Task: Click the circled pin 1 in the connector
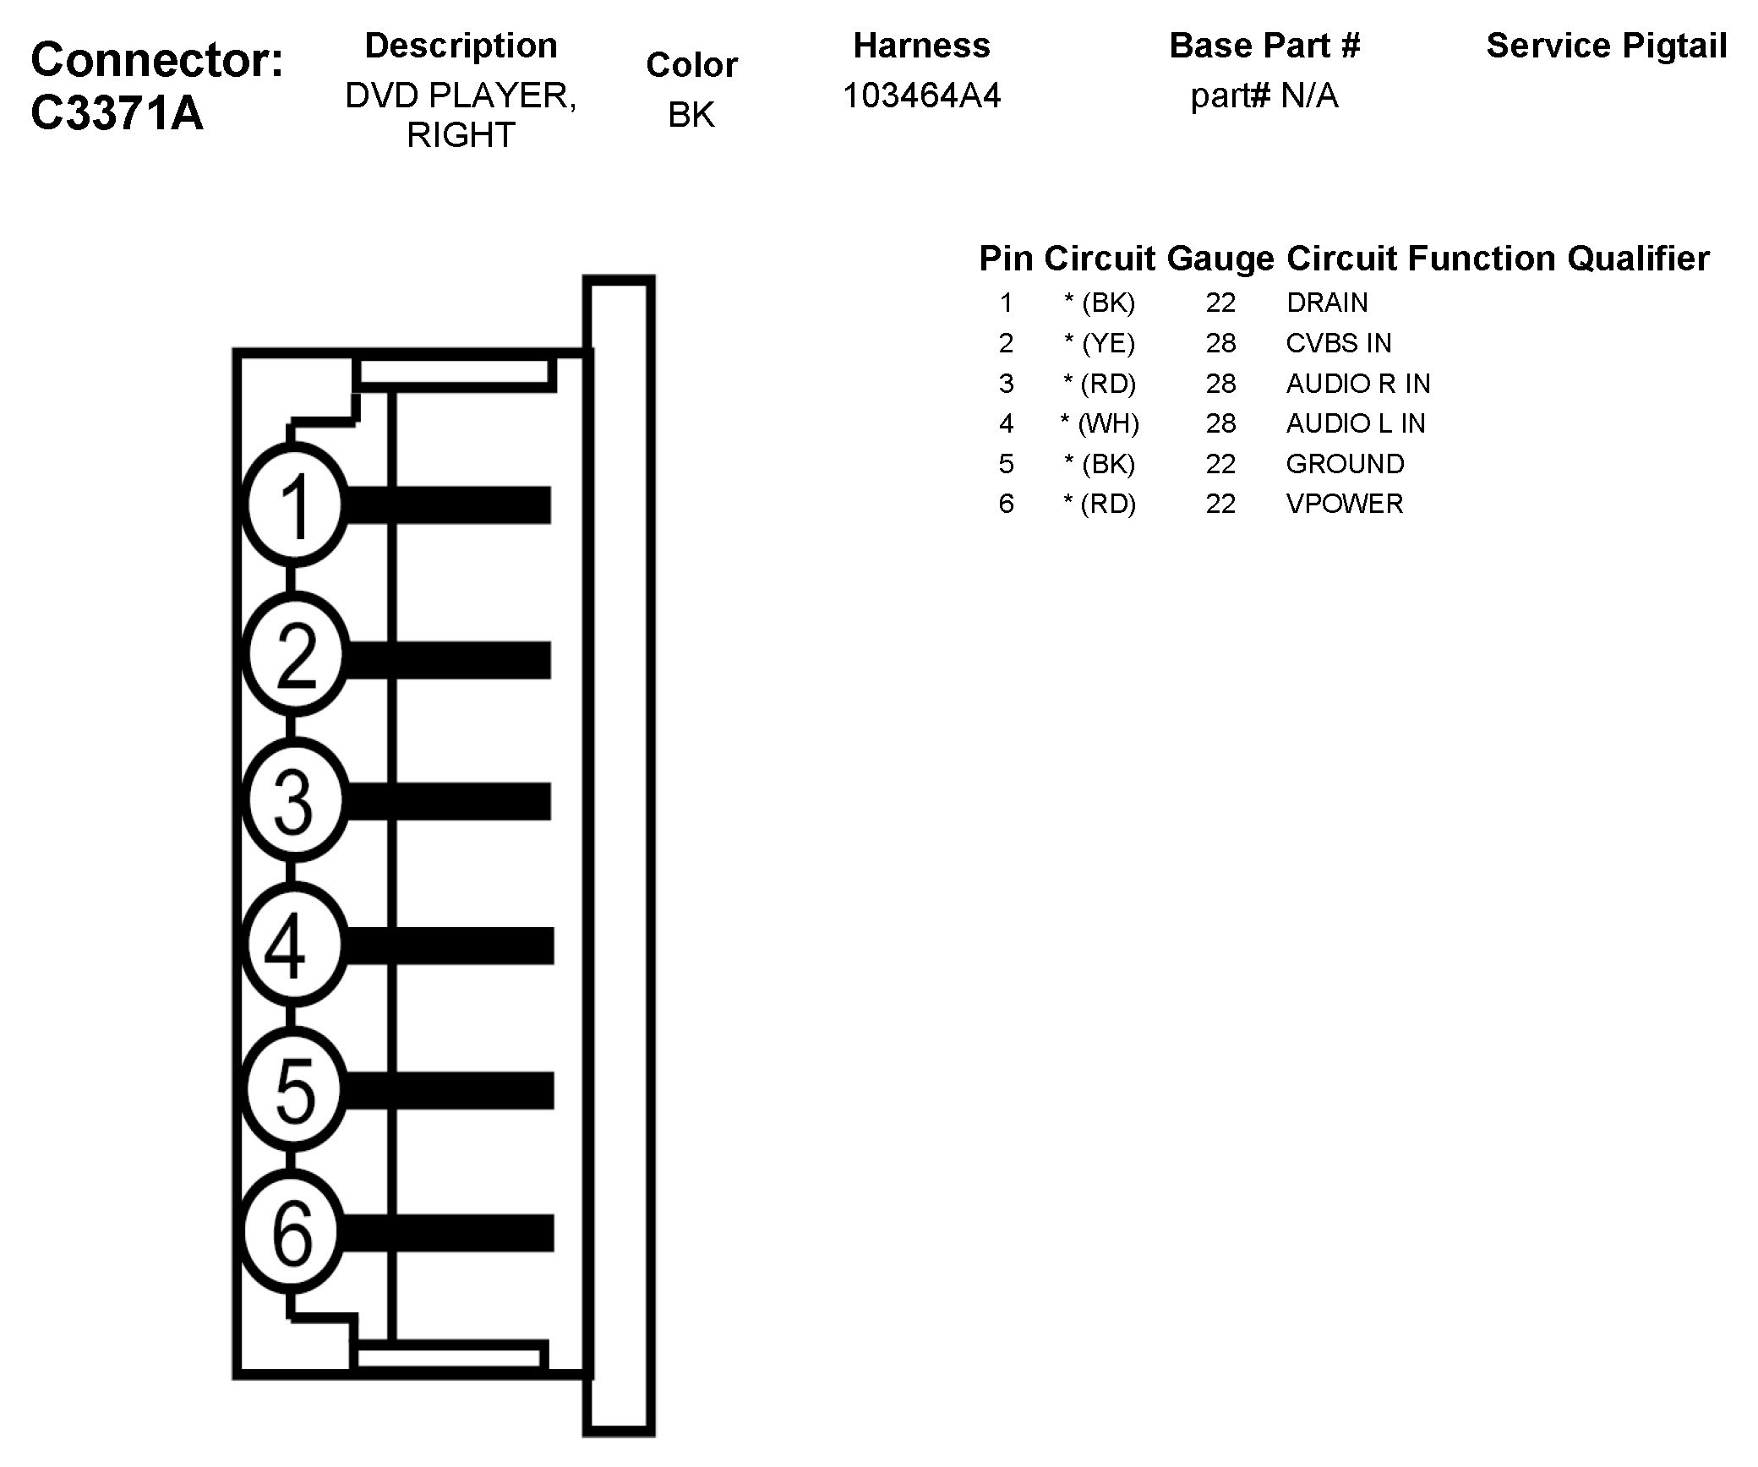(294, 505)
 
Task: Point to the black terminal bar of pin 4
(448, 946)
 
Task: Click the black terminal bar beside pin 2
(448, 659)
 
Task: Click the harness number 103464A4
(921, 95)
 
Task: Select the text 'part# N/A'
(1264, 95)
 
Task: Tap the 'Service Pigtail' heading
(1606, 46)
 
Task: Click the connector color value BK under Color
(691, 115)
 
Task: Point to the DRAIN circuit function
(1326, 303)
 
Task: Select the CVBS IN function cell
(1338, 343)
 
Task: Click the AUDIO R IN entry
(1357, 384)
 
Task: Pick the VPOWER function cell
(1344, 504)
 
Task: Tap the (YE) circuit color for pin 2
(1100, 343)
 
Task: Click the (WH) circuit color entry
(1100, 423)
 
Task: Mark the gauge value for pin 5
(1220, 464)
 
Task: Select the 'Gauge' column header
(1220, 259)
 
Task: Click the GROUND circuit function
(1345, 464)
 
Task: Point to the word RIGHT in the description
(461, 135)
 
